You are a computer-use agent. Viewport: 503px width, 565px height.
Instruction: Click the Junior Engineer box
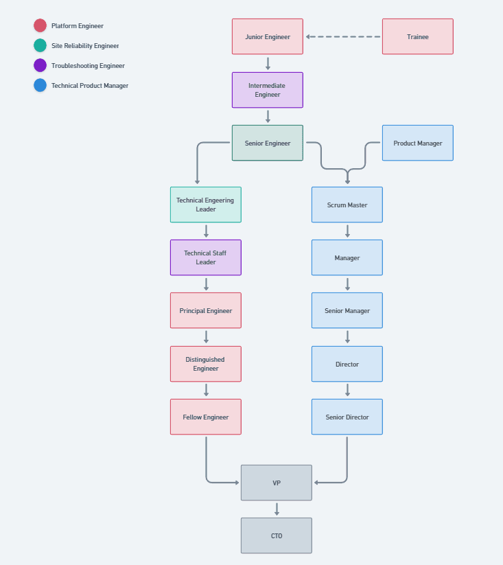[268, 36]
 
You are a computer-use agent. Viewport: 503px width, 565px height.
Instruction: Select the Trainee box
[417, 36]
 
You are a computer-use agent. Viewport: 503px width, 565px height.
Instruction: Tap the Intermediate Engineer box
[268, 90]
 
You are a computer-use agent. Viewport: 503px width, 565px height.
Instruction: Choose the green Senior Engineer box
[268, 143]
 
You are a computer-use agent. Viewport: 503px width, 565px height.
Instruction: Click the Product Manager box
[417, 143]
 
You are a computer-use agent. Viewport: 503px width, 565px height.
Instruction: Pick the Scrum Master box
[347, 205]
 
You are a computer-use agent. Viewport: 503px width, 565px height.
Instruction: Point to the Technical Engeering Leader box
[206, 205]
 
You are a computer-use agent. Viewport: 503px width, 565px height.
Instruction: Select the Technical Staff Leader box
[206, 257]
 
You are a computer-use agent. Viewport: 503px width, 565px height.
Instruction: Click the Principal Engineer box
[206, 310]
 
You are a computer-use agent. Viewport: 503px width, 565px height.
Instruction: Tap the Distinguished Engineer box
[206, 364]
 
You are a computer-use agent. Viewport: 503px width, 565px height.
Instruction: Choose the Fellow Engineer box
[206, 417]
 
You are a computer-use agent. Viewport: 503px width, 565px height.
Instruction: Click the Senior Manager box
[347, 310]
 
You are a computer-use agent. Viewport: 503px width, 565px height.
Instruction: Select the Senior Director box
[347, 417]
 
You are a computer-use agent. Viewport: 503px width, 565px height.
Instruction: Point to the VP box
[277, 483]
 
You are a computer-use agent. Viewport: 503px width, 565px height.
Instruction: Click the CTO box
[277, 535]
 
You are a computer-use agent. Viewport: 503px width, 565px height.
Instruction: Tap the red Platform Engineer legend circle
[40, 25]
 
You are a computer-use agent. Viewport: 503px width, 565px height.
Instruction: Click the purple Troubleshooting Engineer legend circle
[40, 65]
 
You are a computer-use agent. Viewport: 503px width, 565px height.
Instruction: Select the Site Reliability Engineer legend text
[85, 46]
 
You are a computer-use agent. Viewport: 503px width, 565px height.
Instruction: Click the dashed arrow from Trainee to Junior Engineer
[343, 36]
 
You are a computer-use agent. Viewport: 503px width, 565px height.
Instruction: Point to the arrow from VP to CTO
[277, 509]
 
